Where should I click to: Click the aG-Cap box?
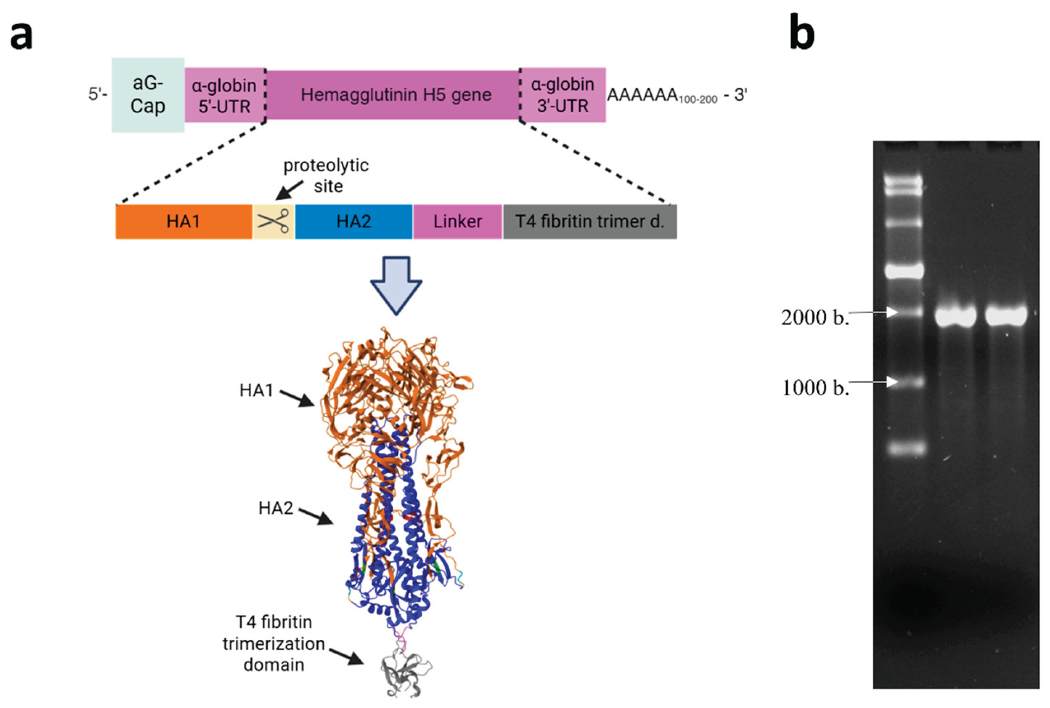[148, 95]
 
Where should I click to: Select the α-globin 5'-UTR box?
[224, 95]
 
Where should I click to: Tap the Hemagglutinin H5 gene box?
[395, 95]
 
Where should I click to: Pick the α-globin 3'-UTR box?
[562, 95]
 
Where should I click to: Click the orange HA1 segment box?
[183, 222]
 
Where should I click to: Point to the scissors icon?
[273, 221]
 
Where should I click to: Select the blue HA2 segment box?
[353, 222]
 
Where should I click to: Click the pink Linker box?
[457, 222]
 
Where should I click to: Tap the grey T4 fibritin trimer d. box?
[589, 222]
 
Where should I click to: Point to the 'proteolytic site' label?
[326, 175]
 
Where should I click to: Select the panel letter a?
[21, 35]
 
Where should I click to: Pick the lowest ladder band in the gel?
[904, 449]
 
